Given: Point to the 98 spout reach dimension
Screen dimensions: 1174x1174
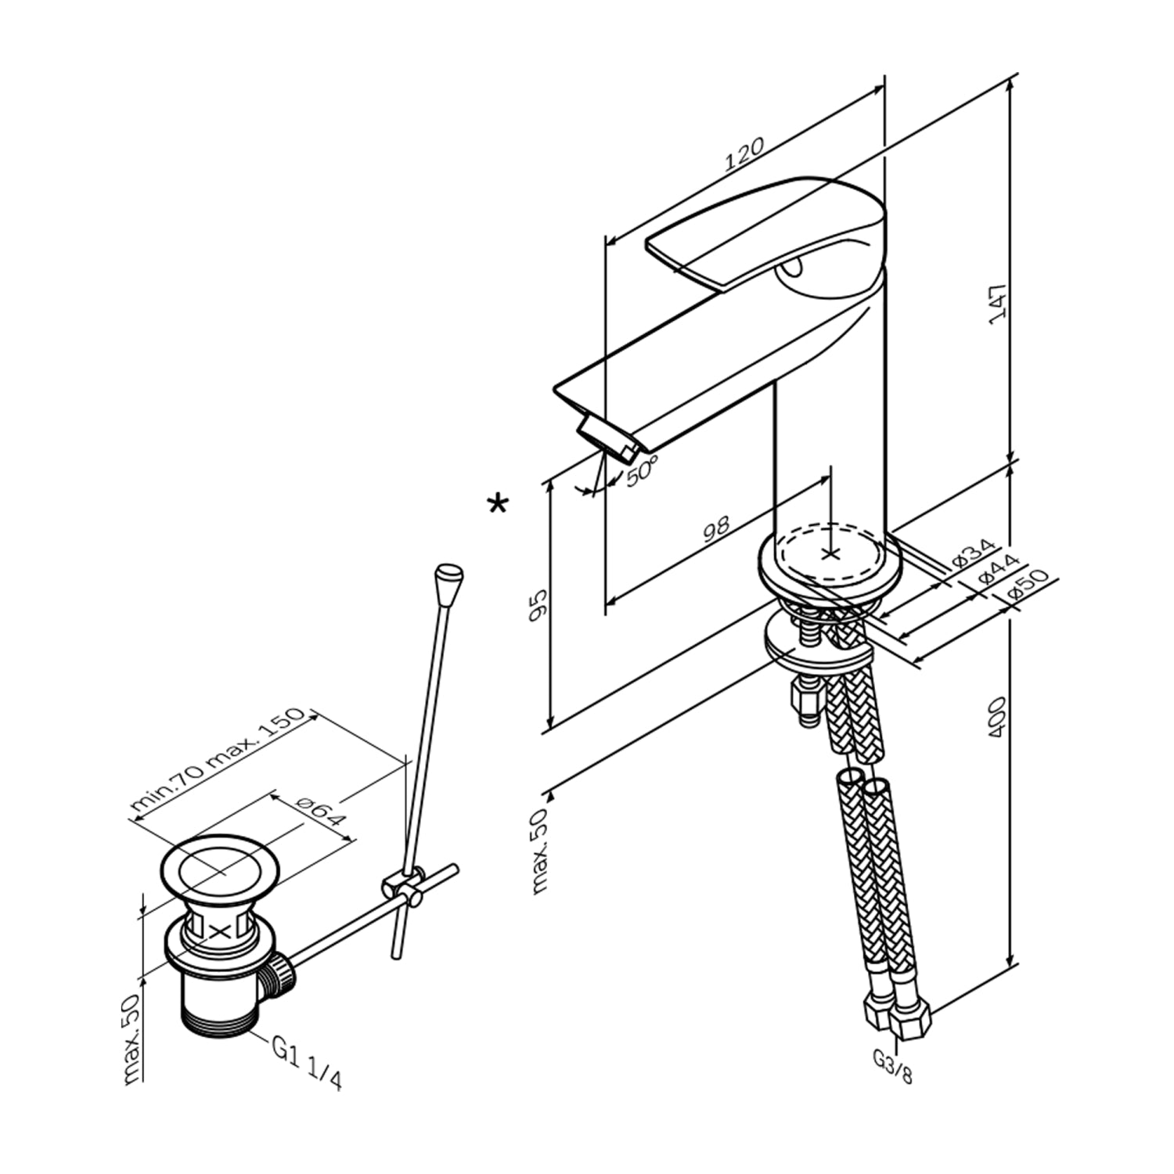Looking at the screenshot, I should (x=716, y=528).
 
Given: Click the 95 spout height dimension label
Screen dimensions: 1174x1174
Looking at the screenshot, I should (x=538, y=605).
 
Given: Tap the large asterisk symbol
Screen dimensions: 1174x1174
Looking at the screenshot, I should (x=497, y=503).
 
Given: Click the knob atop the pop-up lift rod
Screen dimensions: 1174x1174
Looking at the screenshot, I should (x=448, y=582).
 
